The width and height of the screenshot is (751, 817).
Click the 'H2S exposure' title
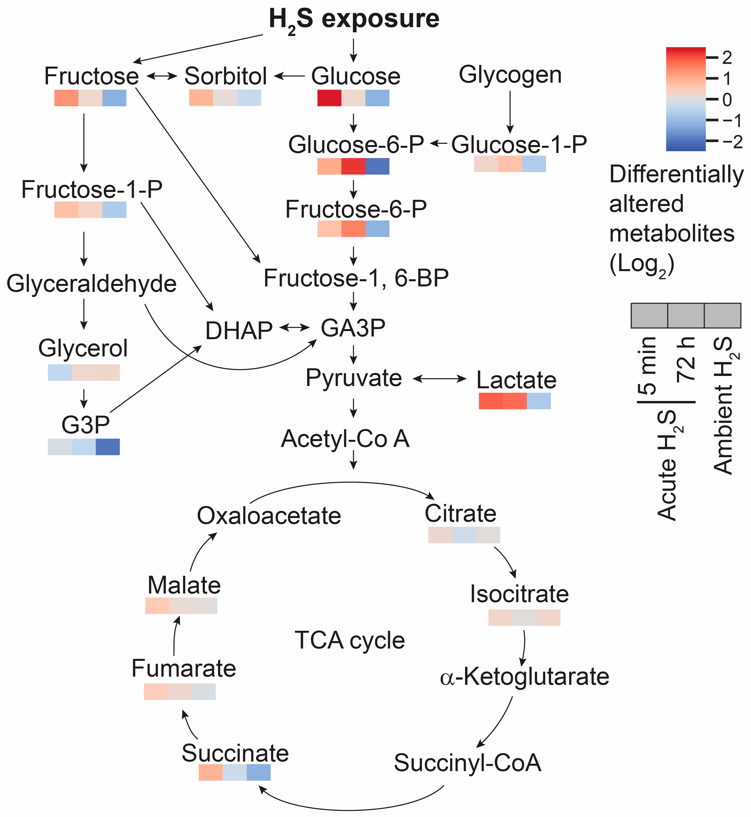[354, 19]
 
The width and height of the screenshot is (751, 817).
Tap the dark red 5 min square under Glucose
[329, 98]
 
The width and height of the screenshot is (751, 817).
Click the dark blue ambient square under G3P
[108, 446]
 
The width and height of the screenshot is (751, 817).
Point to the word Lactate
[516, 380]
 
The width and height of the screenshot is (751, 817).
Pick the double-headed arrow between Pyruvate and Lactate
[439, 379]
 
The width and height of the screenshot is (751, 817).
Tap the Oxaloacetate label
[269, 516]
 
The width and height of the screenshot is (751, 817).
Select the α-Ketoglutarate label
[524, 677]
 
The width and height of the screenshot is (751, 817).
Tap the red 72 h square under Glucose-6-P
[353, 166]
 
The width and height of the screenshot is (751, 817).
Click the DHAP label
[239, 331]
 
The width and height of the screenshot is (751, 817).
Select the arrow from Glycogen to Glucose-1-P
[510, 112]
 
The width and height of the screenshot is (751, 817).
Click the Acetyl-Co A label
[345, 439]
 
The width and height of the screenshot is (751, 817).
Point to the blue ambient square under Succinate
[258, 772]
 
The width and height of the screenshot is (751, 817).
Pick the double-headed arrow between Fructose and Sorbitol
[162, 76]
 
